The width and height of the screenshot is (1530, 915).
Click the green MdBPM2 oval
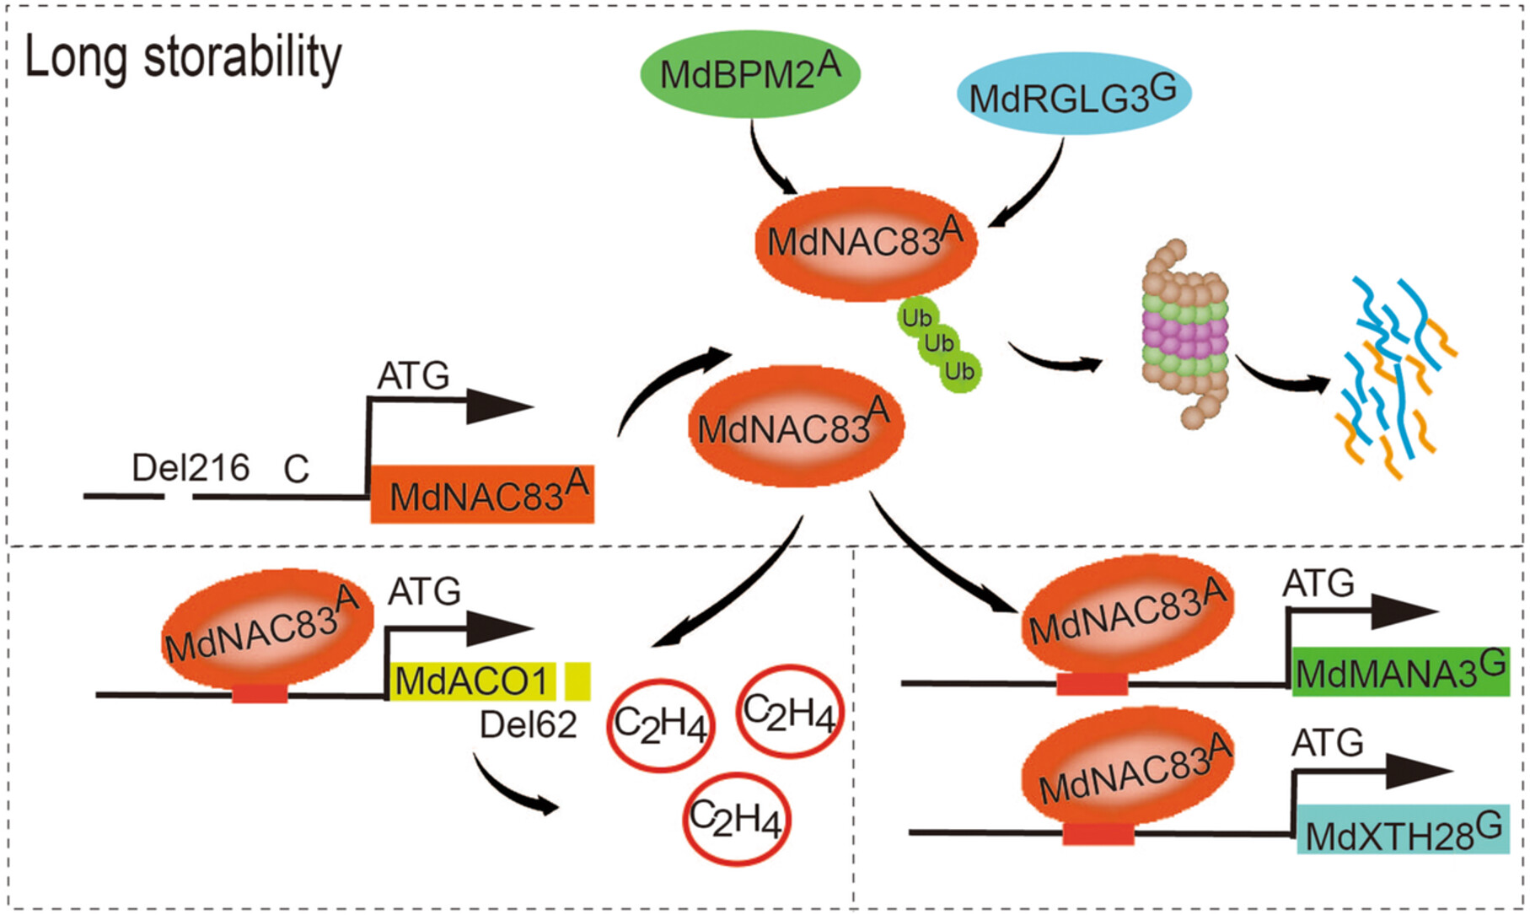tap(749, 74)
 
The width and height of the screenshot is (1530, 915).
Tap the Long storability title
tap(183, 59)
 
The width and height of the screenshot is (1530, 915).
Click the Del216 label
tap(191, 468)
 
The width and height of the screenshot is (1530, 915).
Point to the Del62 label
tap(528, 725)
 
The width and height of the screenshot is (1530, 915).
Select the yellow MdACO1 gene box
tap(472, 681)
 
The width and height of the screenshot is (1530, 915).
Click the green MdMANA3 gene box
tap(1400, 672)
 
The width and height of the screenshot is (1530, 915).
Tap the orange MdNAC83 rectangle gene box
tap(483, 495)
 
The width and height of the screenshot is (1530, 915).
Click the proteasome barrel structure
tap(1185, 334)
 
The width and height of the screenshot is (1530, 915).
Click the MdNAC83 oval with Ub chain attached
tap(866, 243)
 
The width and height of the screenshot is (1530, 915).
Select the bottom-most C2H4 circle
tap(736, 819)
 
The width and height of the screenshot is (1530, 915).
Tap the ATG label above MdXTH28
tap(1327, 744)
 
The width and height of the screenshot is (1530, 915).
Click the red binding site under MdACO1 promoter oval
tap(260, 694)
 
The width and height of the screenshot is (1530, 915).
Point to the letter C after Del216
tap(296, 470)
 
